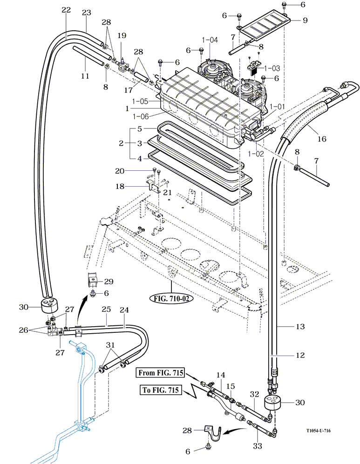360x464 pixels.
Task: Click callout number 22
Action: [x=66, y=10]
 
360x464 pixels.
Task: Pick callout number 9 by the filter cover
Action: [x=306, y=20]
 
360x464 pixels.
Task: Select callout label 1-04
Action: [x=211, y=40]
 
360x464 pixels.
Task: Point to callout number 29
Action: [x=109, y=282]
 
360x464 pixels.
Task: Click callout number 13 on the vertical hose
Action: [x=300, y=327]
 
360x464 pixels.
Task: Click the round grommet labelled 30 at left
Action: [x=50, y=307]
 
